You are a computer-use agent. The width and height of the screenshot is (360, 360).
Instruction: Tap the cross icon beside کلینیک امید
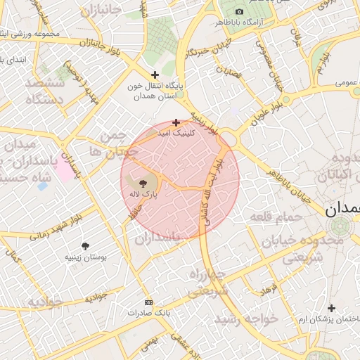click(x=175, y=122)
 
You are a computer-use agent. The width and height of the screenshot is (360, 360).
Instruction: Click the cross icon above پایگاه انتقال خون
click(x=155, y=75)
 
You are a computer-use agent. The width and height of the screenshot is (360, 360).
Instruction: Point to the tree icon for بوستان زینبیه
click(x=86, y=246)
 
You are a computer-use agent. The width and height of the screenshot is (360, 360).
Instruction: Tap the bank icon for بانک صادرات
click(x=148, y=302)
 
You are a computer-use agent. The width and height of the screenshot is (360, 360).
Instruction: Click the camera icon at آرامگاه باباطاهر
click(x=239, y=12)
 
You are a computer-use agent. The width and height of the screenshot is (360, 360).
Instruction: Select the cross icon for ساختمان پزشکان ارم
click(x=331, y=308)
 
